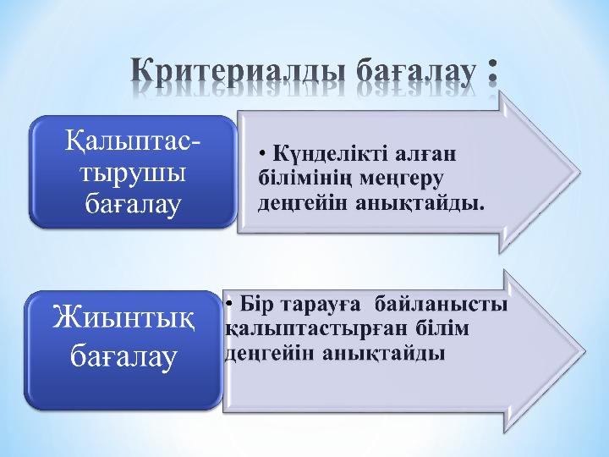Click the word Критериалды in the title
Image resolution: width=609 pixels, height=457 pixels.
[238, 72]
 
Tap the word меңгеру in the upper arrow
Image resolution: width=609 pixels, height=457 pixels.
[401, 179]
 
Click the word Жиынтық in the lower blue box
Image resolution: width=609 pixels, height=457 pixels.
[123, 318]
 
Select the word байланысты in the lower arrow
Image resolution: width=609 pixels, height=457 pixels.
[442, 304]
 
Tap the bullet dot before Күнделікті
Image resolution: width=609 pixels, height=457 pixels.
[263, 154]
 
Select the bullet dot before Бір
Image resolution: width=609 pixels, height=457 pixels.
[229, 304]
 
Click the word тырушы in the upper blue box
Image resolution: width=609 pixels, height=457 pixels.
[133, 173]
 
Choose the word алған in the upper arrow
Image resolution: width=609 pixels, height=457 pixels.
[425, 154]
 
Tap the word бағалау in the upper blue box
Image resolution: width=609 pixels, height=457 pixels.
[133, 205]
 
